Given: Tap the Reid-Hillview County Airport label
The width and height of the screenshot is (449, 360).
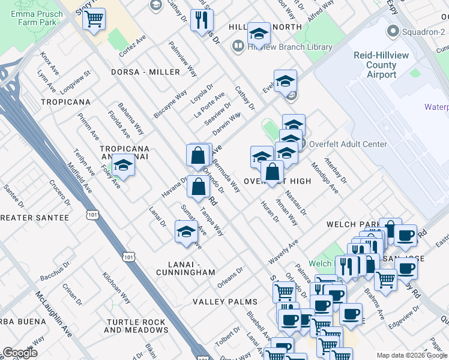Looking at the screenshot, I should (x=382, y=65).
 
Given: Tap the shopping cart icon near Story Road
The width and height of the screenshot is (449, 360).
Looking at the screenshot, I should (x=94, y=19).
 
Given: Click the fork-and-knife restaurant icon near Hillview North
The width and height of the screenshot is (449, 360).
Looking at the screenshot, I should (x=202, y=20).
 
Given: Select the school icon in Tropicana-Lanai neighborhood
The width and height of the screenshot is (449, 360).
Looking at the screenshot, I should (x=123, y=165).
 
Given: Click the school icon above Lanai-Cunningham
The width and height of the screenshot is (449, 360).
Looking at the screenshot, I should (x=187, y=232).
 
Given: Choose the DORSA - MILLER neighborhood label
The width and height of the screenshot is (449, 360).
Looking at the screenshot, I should (x=145, y=72).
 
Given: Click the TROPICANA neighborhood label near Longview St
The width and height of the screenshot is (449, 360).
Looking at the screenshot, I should (x=65, y=102).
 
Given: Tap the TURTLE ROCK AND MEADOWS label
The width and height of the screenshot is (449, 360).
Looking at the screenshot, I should (x=136, y=326).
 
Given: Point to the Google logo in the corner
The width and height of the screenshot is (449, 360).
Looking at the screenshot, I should (x=20, y=353).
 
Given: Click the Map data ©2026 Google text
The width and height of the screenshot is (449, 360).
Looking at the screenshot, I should (x=412, y=355).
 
